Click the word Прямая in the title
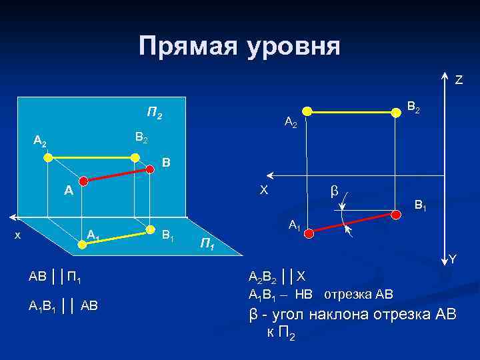[x=190, y=46]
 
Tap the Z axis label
[x=459, y=80]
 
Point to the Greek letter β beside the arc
[x=335, y=191]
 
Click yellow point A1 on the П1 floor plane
[x=81, y=245]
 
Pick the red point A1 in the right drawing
[x=307, y=231]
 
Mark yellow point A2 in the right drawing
[x=307, y=110]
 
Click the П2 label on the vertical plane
[x=155, y=114]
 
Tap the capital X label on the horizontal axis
[x=264, y=190]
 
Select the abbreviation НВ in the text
[x=304, y=294]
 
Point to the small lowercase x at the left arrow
[x=18, y=235]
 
